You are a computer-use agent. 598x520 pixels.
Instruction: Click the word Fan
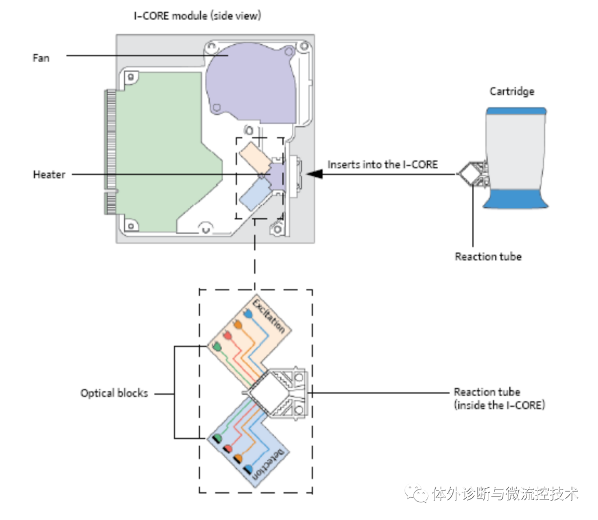pos(40,57)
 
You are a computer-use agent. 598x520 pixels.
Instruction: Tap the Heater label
pos(49,175)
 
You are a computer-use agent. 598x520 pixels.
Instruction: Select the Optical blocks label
pos(114,394)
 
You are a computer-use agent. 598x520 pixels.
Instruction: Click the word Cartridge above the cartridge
pos(512,91)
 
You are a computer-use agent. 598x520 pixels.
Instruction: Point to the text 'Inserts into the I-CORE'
pos(382,165)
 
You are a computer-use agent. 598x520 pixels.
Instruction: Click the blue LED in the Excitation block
pos(249,314)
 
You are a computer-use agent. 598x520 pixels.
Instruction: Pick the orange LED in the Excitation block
pos(238,325)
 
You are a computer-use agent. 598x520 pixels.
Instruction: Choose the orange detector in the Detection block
pos(238,458)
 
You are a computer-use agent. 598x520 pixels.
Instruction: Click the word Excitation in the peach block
pos(269,315)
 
